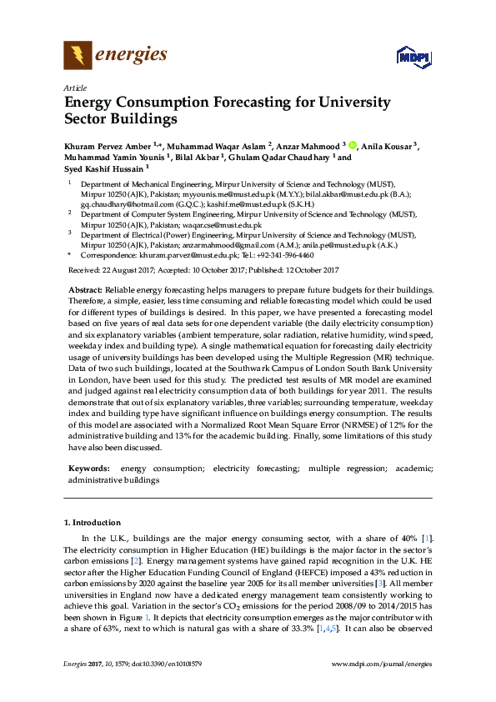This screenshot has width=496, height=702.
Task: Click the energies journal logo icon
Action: coord(77,57)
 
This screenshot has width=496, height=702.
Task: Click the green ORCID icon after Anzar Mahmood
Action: coord(353,145)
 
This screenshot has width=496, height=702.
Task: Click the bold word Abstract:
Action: coord(85,288)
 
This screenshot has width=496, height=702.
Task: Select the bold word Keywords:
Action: coord(89,469)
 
